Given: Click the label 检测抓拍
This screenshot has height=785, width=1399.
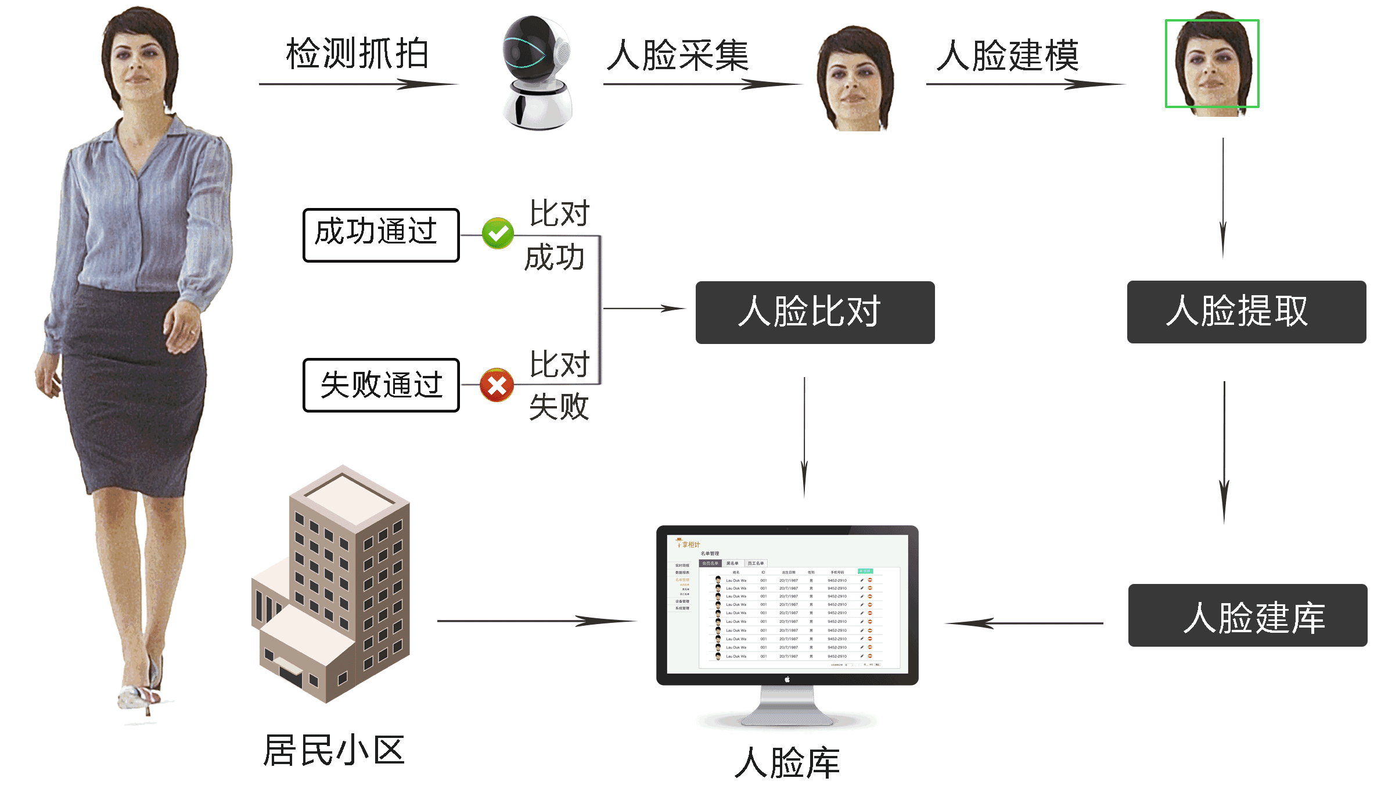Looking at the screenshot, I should tap(357, 53).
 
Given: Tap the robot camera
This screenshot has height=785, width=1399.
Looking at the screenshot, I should tap(537, 73).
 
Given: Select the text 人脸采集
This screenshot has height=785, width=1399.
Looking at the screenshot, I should tap(678, 55).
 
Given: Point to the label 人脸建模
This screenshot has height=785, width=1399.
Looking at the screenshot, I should tap(1008, 55).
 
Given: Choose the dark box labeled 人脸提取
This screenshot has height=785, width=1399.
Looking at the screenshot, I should tap(1246, 312).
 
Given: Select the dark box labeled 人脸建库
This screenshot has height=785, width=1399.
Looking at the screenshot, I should tap(1247, 615).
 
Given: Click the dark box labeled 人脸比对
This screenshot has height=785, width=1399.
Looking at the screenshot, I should tap(815, 313).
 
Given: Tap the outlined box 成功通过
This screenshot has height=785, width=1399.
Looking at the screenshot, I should tap(381, 235).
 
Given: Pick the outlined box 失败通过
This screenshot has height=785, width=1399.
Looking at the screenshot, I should tap(381, 385).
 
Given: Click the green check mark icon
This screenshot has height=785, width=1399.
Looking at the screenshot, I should tap(498, 234).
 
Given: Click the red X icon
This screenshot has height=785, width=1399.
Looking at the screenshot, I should tap(497, 385).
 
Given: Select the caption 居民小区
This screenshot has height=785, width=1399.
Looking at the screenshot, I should tap(334, 750).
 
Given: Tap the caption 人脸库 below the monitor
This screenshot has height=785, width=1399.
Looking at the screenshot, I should tap(787, 762).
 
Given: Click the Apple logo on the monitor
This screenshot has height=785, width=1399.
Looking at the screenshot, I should tap(787, 679).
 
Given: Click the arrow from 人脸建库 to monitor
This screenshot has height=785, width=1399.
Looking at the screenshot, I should tap(1025, 623).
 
